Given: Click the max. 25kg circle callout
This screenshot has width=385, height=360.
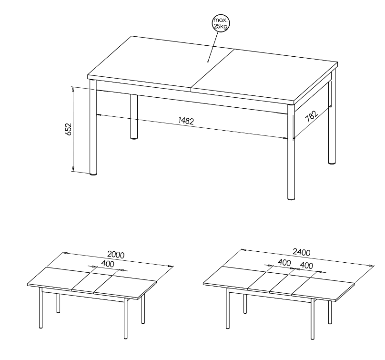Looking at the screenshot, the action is coord(221,23).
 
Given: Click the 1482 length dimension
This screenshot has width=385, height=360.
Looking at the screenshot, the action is coord(186,121).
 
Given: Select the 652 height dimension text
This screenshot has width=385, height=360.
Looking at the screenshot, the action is coord(69,129).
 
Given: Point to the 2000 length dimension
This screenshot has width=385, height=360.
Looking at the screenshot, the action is coord(116,254).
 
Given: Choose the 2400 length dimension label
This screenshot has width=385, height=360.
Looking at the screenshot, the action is coord(302,252).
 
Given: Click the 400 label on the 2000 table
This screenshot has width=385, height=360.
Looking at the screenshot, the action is coord(108,264).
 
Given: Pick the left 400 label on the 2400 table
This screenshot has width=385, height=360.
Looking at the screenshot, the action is coord(284,262).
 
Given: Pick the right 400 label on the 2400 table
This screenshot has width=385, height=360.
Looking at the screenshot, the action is coord(306,266).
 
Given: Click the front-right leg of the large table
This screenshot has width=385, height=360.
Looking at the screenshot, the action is coord(291,153).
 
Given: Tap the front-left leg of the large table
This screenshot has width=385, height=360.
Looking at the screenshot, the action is coord(93,127).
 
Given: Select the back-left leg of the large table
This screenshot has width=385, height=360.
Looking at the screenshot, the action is coord(134,117).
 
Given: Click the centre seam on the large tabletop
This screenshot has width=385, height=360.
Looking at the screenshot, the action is coord(213,70).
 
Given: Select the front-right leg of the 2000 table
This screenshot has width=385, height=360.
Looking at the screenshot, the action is coord(125,319).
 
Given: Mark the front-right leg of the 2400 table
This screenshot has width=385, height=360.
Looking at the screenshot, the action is coord(312,319).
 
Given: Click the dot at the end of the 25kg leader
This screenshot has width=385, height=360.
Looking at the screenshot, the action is coord(208,62).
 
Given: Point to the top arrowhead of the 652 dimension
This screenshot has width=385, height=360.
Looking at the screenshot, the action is coord(73,89).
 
